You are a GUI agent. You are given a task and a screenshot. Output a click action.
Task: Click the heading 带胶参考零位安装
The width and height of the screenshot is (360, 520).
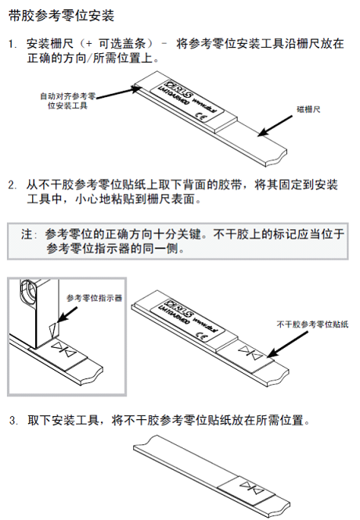tap(61, 16)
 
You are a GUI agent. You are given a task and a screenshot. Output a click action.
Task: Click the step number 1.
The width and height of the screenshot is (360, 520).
tap(12, 45)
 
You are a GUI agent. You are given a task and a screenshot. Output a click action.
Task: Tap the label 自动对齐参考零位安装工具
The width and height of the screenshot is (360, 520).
tap(68, 100)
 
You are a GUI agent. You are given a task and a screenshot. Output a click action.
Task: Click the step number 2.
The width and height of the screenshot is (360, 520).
tap(13, 186)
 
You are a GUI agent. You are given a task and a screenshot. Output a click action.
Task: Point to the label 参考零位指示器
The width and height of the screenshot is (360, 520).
tap(94, 298)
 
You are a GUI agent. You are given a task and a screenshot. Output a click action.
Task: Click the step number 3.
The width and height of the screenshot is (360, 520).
tap(13, 420)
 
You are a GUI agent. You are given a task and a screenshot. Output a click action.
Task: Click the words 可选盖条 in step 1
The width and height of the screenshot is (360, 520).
tap(125, 45)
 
